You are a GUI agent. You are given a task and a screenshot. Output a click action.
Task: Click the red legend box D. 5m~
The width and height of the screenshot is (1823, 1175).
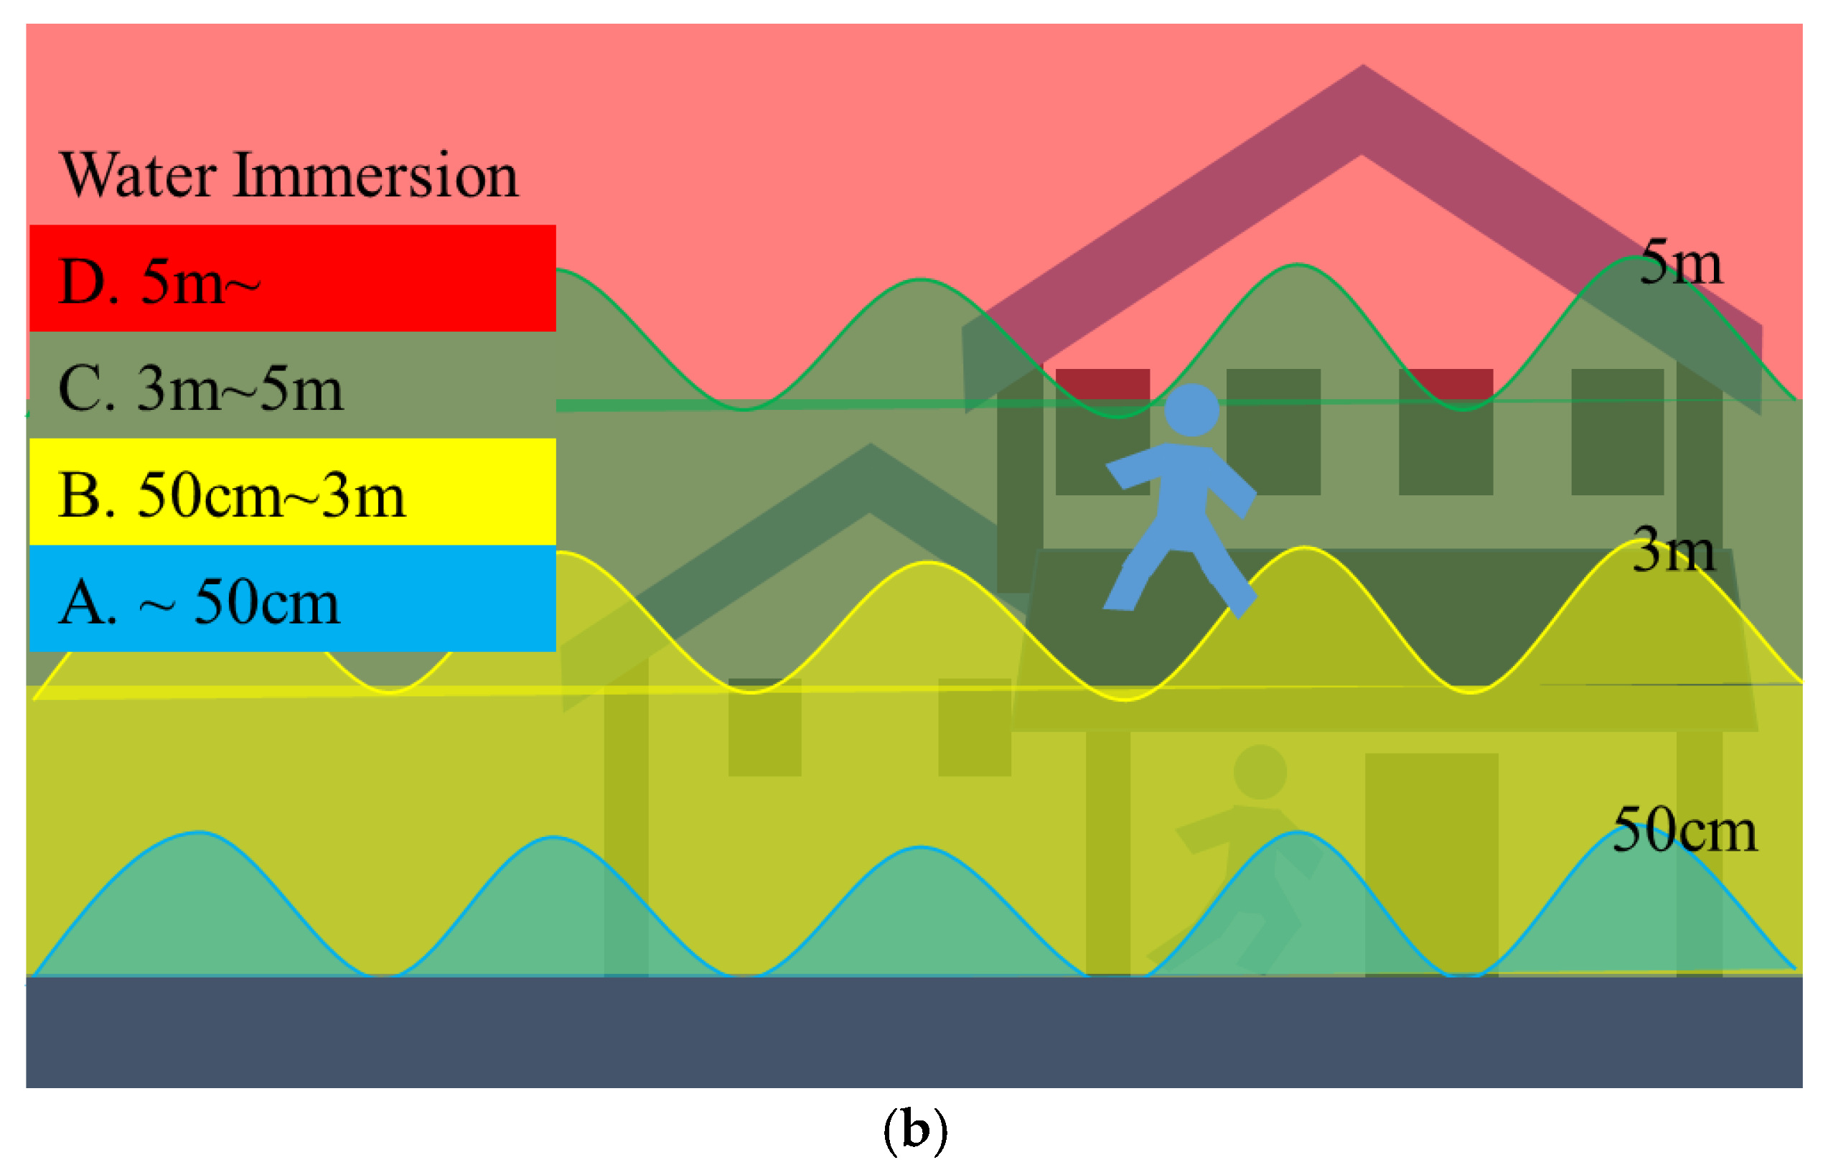coord(292,278)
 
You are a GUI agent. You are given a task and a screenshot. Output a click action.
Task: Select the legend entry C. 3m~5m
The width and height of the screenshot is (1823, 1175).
coord(292,385)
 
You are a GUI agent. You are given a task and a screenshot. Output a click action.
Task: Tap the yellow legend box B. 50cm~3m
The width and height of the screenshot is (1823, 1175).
coord(292,492)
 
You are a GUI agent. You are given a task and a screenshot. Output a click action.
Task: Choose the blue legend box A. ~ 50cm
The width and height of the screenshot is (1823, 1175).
coord(292,599)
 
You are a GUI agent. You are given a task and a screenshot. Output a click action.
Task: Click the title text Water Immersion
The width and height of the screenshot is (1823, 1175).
coord(289,175)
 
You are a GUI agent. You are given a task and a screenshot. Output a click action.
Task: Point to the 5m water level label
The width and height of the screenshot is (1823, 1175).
coord(1680,262)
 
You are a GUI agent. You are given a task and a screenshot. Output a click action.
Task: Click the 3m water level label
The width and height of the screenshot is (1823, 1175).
coord(1673,548)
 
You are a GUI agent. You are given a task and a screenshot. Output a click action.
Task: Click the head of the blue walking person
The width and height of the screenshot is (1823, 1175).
coord(1191,410)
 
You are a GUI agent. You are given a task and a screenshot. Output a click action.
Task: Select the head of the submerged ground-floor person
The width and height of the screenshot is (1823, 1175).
coord(1260,772)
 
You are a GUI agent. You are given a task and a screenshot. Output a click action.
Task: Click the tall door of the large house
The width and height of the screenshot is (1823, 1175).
coord(1431,862)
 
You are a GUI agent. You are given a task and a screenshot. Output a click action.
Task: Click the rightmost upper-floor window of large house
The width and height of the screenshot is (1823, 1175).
coord(1616,432)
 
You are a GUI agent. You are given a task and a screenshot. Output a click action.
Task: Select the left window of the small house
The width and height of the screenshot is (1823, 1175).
coord(764,727)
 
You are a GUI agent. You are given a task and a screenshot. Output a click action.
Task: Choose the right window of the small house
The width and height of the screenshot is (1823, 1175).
coord(974,727)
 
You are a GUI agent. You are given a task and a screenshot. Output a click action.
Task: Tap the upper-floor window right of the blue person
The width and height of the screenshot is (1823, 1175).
coord(1273,432)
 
